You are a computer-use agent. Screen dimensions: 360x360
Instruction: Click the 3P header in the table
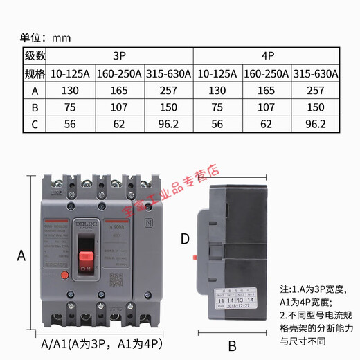pos(119,55)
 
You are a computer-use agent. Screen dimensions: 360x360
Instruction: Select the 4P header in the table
pos(267,55)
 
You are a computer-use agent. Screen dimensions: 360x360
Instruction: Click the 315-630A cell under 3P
pos(169,73)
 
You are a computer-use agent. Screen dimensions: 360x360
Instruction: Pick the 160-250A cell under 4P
pos(267,73)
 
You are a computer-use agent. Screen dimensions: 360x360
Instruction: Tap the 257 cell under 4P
pos(316,91)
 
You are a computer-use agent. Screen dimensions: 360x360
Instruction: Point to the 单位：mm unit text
pos(45,37)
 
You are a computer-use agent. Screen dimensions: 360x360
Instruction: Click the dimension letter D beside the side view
pos(184,239)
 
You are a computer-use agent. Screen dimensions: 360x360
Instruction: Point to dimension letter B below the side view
pos(233,346)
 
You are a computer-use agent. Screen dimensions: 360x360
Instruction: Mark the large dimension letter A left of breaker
pos(21,255)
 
